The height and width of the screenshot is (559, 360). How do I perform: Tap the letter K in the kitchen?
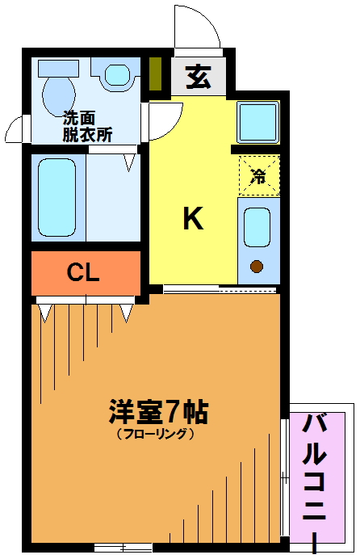(193, 219)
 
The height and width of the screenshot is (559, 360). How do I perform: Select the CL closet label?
(83, 273)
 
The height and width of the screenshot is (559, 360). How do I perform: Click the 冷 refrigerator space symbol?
(258, 176)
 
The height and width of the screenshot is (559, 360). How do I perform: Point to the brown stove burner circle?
(257, 266)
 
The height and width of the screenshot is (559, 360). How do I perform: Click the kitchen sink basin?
(257, 227)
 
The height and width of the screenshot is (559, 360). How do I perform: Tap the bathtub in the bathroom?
(57, 197)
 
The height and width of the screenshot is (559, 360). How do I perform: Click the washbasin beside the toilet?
(117, 75)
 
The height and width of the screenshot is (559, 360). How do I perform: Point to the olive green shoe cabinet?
(156, 74)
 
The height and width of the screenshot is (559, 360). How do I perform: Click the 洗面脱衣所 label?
(87, 126)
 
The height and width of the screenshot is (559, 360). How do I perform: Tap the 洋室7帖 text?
(158, 412)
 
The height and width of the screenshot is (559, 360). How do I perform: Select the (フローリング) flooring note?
(156, 434)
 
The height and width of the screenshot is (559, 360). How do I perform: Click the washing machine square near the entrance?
(258, 122)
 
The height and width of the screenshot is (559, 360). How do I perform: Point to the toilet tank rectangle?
(58, 68)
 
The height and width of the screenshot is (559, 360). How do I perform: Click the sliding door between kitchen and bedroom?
(220, 288)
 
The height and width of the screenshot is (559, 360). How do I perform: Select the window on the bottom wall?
(123, 547)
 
